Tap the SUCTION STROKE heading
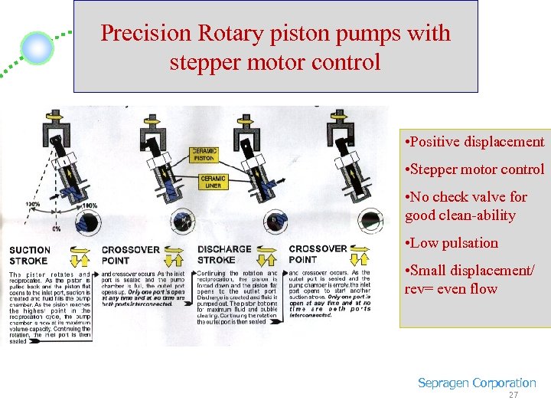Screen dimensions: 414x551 click(x=30, y=255)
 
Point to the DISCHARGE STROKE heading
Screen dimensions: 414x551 click(x=223, y=254)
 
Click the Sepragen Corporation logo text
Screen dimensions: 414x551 click(x=476, y=383)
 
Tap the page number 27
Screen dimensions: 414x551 click(x=513, y=396)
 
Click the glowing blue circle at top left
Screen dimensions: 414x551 click(x=37, y=48)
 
